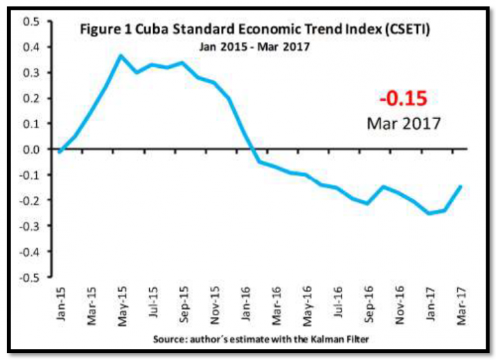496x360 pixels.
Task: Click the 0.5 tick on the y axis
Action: click(31, 22)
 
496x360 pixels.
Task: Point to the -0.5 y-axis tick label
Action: click(29, 277)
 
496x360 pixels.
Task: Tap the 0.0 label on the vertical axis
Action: click(31, 149)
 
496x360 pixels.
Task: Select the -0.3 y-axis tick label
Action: click(29, 226)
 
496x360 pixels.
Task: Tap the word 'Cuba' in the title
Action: click(165, 31)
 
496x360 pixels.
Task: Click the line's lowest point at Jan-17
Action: click(428, 213)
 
